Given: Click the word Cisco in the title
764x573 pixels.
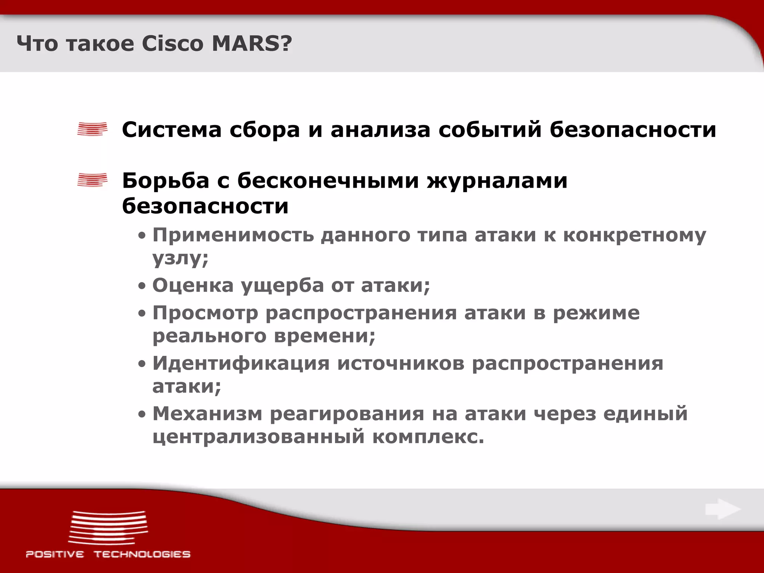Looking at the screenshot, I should tap(172, 44).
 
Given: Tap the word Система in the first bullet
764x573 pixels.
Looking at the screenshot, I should tap(172, 130).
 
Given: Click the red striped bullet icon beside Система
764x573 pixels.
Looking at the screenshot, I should tap(92, 129).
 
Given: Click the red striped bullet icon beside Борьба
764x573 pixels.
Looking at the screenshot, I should tap(92, 180).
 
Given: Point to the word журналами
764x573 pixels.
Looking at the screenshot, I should tap(497, 181).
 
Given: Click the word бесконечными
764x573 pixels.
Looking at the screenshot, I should tap(328, 181).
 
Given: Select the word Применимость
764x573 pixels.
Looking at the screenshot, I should tap(233, 236).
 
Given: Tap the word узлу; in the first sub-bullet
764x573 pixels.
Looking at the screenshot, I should tap(180, 258).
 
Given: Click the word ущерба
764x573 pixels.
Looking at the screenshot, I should tap(282, 286).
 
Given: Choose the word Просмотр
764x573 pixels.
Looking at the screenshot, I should tap(205, 313).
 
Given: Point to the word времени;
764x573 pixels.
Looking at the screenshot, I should tap(325, 336).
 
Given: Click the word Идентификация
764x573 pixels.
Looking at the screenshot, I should tap(241, 363).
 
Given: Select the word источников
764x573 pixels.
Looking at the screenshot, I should tap(401, 363).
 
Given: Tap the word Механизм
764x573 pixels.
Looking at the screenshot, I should tap(207, 414).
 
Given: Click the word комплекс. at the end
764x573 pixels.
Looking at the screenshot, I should tap(428, 436).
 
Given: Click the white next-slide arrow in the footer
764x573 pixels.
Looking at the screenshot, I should tap(722, 509).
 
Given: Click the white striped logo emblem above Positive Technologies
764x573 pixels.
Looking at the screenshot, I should tap(108, 527).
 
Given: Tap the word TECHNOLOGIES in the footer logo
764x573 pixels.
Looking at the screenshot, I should tap(142, 554).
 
